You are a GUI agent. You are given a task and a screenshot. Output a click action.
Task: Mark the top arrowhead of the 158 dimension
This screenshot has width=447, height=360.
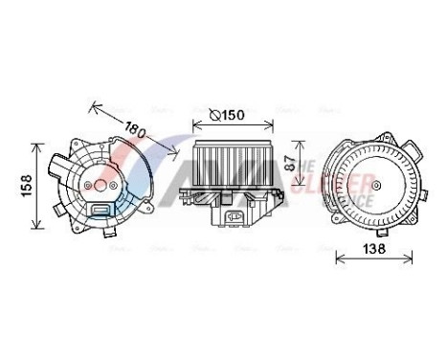pos(37,145)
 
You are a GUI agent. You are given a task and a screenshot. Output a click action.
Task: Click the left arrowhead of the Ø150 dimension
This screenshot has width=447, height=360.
pos(195,125)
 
